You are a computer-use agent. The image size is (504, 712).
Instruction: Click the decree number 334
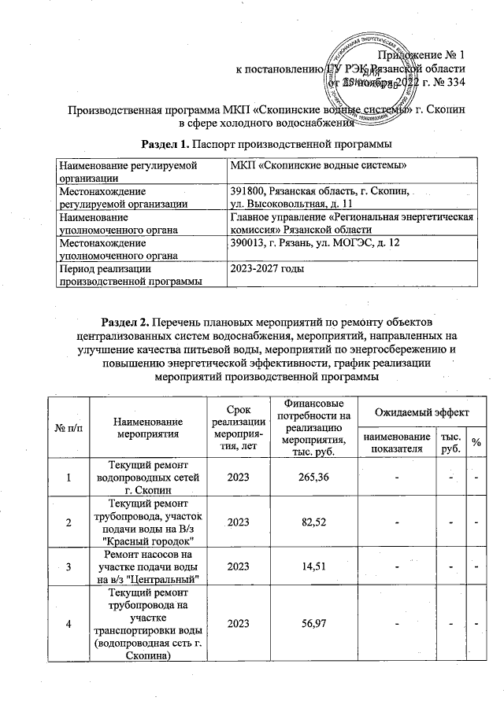458,82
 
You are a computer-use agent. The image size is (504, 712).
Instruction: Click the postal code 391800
249,191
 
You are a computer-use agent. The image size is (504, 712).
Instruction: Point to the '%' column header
476,443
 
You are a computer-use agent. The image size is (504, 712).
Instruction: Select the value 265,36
312,478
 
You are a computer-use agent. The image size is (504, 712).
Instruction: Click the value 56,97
312,624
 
